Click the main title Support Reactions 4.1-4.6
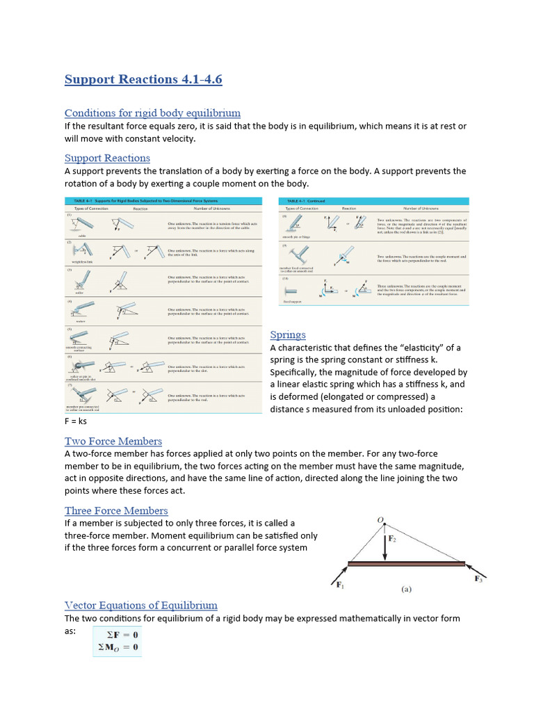point(143,79)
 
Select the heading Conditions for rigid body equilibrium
point(152,113)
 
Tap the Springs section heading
point(288,334)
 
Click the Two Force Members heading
point(113,441)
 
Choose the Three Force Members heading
point(116,510)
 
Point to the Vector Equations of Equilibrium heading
point(141,605)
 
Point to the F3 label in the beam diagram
point(479,578)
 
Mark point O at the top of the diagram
point(380,519)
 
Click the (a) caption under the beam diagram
point(406,589)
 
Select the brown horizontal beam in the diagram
point(406,564)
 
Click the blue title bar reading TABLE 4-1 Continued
point(374,201)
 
